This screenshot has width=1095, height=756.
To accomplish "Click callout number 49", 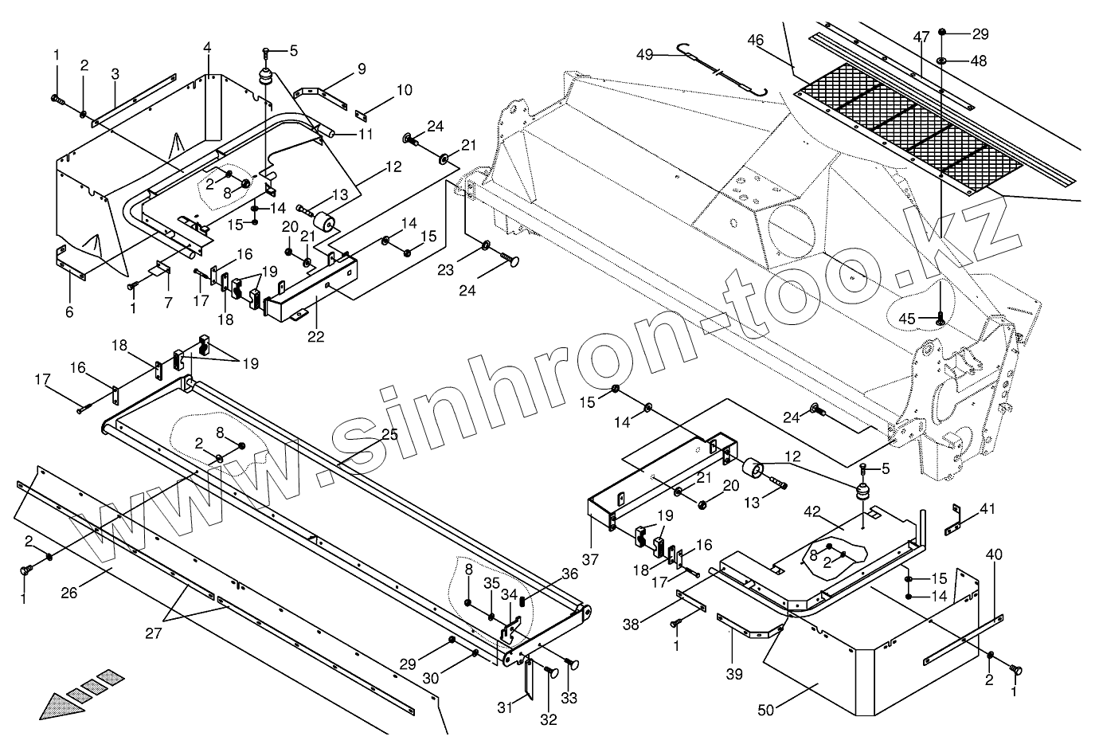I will tap(644, 54).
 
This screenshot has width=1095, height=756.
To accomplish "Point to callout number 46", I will tap(755, 40).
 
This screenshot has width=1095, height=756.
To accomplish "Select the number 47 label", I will tap(921, 38).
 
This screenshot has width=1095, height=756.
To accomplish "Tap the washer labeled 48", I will tap(942, 61).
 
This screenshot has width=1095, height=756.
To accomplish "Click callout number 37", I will tap(589, 560).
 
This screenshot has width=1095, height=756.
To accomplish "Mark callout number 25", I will tap(389, 434).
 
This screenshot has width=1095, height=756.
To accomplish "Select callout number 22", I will tap(316, 336).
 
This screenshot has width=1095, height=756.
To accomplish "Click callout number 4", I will tap(207, 48).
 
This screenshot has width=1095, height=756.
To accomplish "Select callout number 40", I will tap(994, 554).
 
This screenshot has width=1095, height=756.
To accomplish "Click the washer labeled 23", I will tap(485, 241).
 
